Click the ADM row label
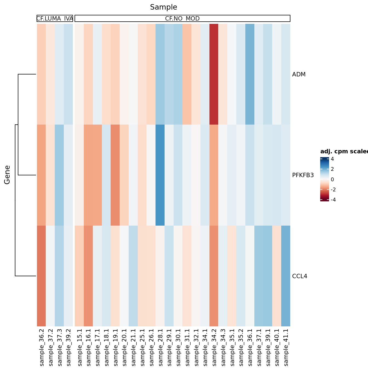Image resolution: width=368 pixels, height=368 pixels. coord(299,74)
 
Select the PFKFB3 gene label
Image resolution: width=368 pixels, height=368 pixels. coord(303,175)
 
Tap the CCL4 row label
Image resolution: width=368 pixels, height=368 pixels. coord(300,276)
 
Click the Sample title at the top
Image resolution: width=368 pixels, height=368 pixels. coord(163,7)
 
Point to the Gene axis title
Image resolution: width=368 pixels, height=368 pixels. coord(7,175)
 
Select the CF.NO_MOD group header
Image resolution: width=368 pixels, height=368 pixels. coord(182,19)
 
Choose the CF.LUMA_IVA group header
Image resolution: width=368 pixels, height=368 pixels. coord(55,19)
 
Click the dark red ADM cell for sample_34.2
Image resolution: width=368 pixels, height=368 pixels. coord(214,74)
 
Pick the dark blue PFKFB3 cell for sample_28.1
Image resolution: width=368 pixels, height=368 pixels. coord(160,175)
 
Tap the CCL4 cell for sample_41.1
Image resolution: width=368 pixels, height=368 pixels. coord(286,276)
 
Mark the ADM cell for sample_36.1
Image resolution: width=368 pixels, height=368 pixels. coord(250,74)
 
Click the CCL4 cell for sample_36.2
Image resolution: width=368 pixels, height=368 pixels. coord(41,276)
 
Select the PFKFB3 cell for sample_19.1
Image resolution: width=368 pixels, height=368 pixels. coord(115,175)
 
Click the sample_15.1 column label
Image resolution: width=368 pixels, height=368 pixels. coord(80,347)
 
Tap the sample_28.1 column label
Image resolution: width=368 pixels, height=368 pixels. coord(160,347)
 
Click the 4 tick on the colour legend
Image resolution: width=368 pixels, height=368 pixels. coord(332,159)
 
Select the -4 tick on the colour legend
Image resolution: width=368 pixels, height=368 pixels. coord(333,200)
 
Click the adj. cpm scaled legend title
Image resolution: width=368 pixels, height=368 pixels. coord(344,152)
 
